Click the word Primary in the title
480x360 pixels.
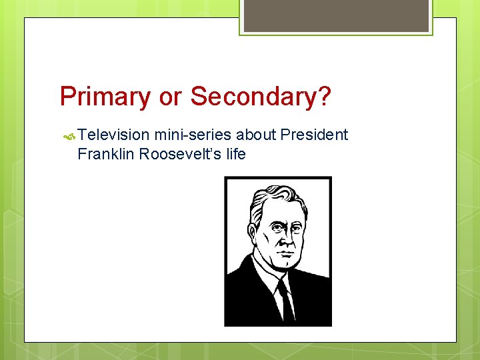[105, 97]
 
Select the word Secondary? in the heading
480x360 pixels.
[261, 97]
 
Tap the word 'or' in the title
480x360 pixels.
[170, 97]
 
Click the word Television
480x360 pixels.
[113, 135]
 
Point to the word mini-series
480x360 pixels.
[193, 135]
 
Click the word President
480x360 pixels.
[314, 135]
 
